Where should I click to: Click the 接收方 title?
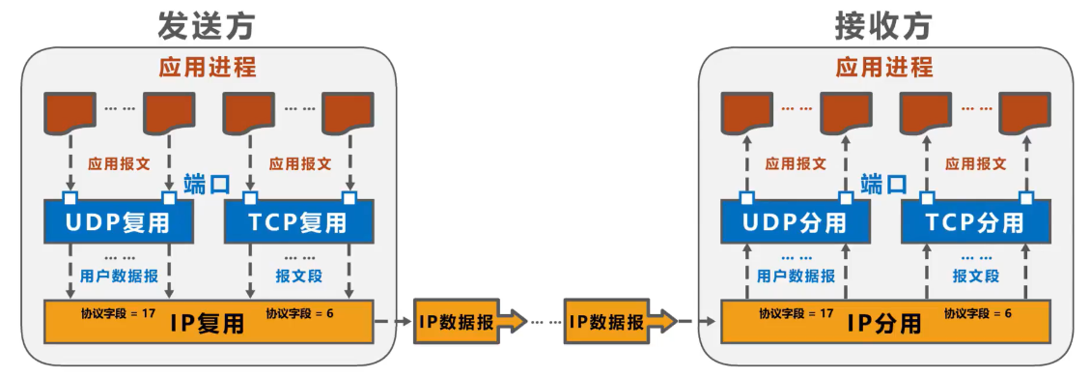(884, 26)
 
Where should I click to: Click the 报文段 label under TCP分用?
(976, 275)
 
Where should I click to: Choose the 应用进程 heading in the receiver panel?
(884, 68)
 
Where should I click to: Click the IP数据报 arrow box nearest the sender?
(460, 322)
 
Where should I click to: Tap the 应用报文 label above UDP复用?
(119, 164)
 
